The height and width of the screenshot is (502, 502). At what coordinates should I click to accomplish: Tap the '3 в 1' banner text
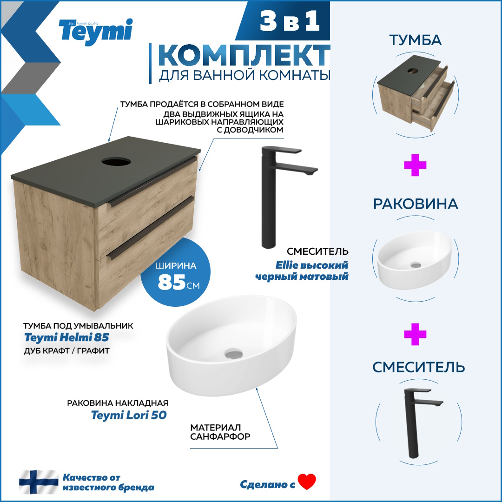click(290, 21)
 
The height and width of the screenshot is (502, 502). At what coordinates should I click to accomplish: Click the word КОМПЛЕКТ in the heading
click(244, 55)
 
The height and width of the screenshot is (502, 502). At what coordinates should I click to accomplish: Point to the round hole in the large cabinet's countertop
click(116, 161)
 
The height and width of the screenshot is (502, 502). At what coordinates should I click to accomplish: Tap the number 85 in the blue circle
click(172, 282)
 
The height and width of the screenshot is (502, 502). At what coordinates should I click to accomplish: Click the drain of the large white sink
click(234, 354)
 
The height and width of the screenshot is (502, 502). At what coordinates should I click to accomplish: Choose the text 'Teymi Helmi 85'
click(66, 337)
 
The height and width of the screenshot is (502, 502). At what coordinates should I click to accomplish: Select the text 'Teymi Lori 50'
click(129, 415)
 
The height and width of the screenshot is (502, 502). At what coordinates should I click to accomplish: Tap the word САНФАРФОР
click(220, 436)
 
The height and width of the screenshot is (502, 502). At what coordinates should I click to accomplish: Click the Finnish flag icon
click(39, 482)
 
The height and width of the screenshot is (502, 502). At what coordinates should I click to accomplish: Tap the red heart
click(307, 482)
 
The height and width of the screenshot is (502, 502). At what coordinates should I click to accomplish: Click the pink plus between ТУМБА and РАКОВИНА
click(415, 165)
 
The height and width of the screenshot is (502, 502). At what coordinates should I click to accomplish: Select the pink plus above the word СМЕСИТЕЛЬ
click(415, 334)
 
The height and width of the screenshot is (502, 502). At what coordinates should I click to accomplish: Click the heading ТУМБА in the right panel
click(415, 40)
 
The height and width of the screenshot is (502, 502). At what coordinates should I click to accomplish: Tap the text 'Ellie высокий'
click(312, 265)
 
